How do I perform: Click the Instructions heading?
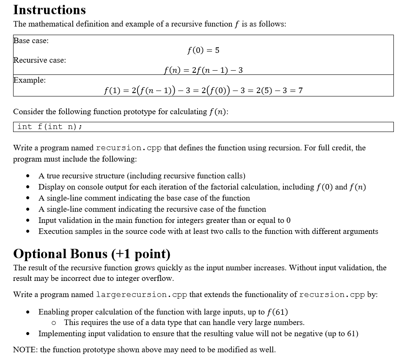click(49, 9)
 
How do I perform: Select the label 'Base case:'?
click(31, 41)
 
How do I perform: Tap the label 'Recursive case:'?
click(40, 60)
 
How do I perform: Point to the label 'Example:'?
click(30, 80)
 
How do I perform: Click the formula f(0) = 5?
click(203, 50)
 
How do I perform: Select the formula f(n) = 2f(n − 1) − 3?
click(203, 70)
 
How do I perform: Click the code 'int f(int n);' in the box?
click(49, 126)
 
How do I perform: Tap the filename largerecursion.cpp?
click(132, 294)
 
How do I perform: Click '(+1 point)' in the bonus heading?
click(141, 254)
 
